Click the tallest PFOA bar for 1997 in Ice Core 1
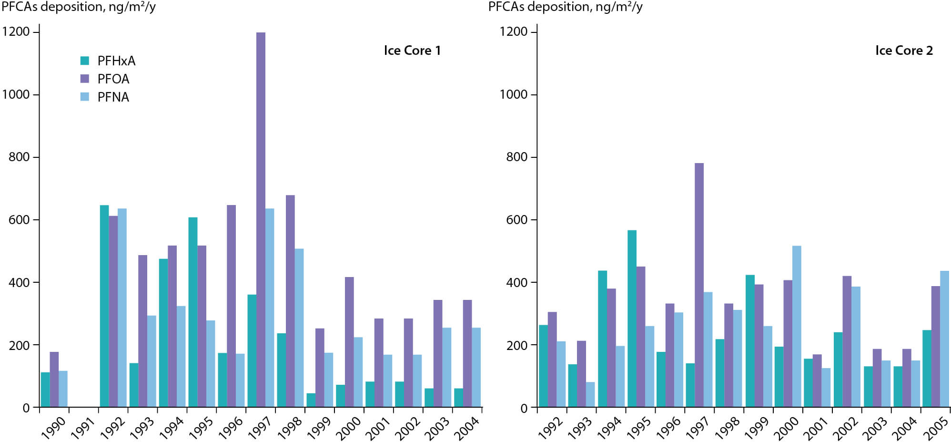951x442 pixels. [261, 219]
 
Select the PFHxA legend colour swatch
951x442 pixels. [85, 61]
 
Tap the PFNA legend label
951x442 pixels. [113, 97]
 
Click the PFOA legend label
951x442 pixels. [113, 79]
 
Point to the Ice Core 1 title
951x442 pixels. [412, 51]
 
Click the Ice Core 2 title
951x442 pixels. [904, 51]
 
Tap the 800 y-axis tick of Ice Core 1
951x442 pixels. [19, 157]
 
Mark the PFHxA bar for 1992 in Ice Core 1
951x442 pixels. [104, 306]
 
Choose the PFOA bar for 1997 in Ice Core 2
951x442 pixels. [699, 285]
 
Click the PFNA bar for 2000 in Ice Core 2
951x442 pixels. [797, 327]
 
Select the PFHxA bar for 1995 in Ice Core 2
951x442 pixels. [632, 319]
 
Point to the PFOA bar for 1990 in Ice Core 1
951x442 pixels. [54, 380]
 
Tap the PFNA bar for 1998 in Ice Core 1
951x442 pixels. [299, 328]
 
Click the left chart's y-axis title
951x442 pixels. [79, 7]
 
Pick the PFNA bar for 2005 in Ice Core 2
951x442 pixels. [944, 339]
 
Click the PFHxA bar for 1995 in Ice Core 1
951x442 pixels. [192, 312]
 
